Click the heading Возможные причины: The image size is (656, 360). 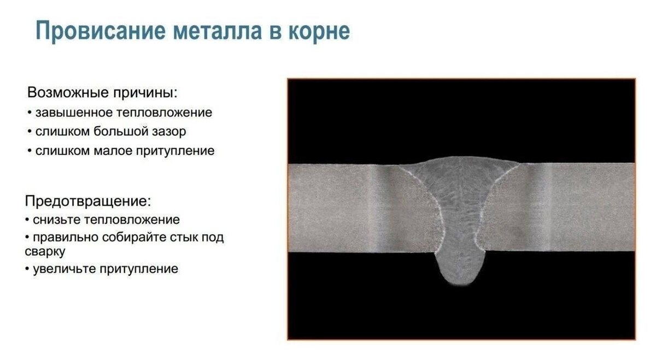click(102, 92)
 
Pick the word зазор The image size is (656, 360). click(169, 132)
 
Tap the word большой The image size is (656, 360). click(122, 132)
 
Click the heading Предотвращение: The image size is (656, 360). click(88, 200)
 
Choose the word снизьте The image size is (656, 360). click(56, 220)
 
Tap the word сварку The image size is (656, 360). click(45, 252)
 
